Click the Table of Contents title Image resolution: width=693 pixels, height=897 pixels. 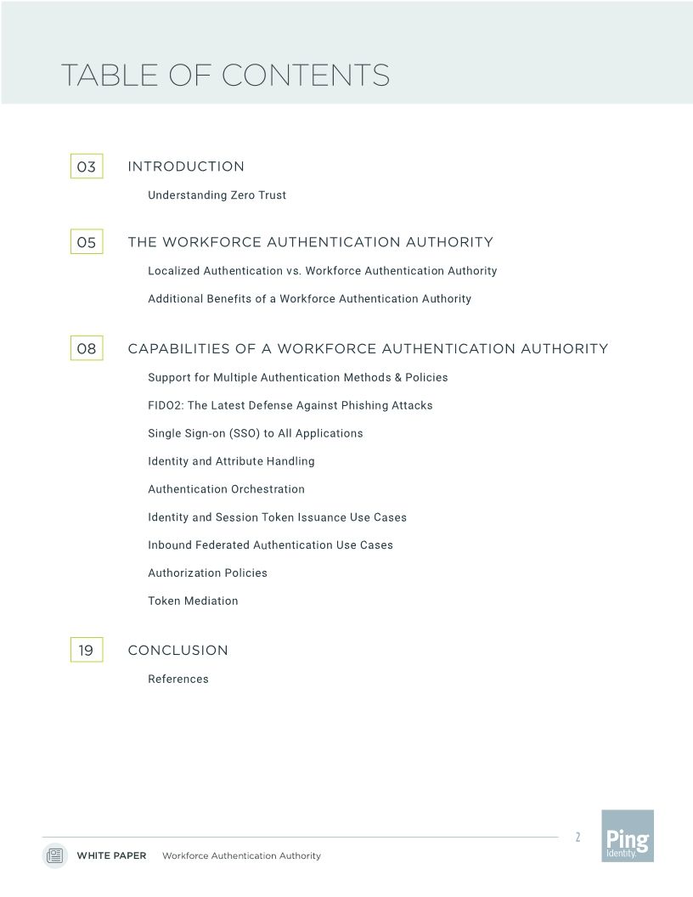[x=225, y=75]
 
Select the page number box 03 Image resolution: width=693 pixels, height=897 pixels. [x=87, y=166]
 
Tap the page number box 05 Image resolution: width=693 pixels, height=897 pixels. [x=87, y=242]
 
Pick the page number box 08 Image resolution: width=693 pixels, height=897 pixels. [x=87, y=348]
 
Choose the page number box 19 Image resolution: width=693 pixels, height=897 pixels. [x=87, y=650]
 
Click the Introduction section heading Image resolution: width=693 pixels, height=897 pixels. [x=186, y=166]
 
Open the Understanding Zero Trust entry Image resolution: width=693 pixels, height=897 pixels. [x=217, y=195]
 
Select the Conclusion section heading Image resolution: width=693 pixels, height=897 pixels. [x=177, y=650]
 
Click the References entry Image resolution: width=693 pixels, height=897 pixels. [x=178, y=679]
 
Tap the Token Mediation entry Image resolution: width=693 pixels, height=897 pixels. [x=193, y=601]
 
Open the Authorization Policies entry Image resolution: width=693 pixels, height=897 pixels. [x=207, y=573]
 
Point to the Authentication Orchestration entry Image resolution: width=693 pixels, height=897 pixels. [x=226, y=489]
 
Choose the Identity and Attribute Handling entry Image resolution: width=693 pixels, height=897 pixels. [x=231, y=461]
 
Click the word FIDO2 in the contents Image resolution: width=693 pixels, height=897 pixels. [x=164, y=405]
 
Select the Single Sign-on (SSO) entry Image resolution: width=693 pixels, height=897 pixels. [x=255, y=433]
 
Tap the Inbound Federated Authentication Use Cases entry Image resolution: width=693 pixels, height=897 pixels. [x=270, y=544]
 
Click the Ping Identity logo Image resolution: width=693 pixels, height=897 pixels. [x=628, y=836]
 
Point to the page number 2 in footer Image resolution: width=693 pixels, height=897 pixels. [x=577, y=838]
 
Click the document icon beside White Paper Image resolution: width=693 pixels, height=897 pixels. [x=55, y=855]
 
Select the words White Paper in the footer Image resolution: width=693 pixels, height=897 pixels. [x=111, y=856]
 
